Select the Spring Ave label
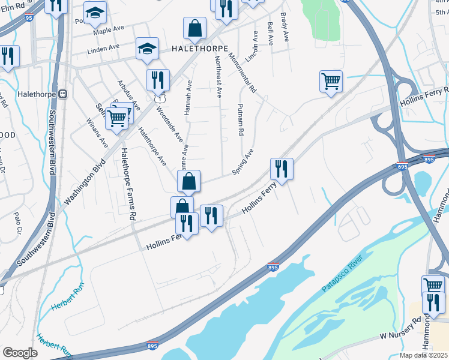243,161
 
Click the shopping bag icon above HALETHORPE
195,28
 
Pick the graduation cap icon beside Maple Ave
95,13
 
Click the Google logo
20,352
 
